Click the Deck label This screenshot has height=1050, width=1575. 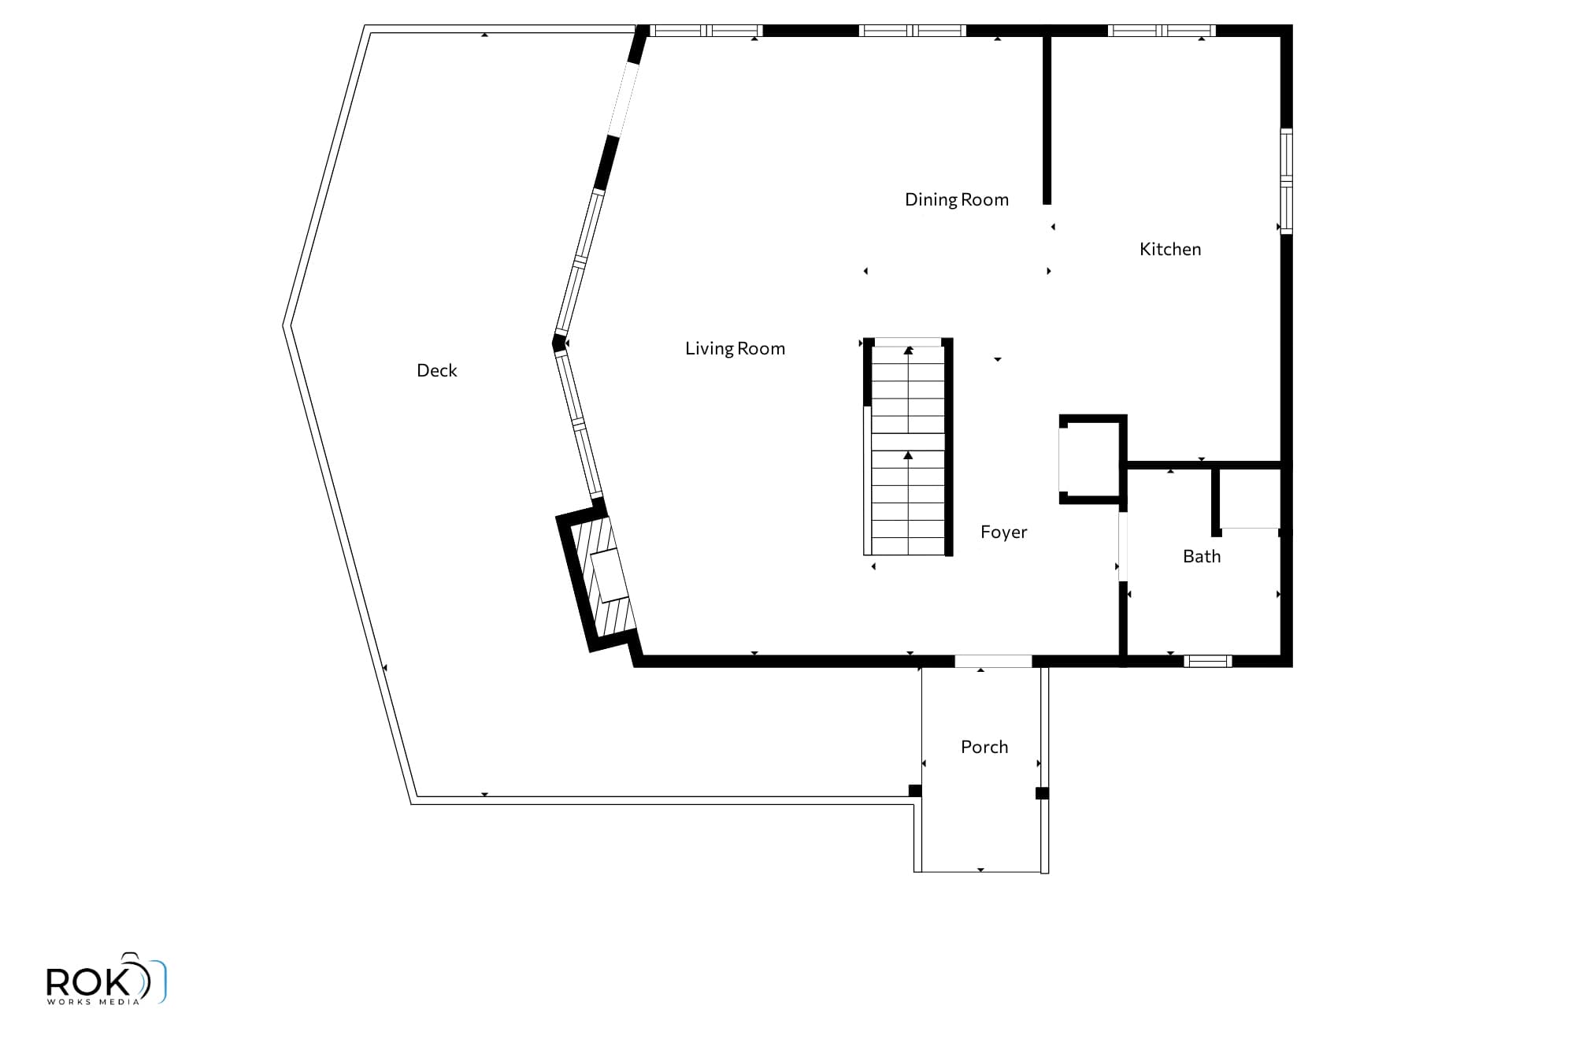pyautogui.click(x=436, y=370)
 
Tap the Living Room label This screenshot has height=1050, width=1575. pyautogui.click(x=735, y=348)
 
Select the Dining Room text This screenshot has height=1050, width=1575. pyautogui.click(x=957, y=200)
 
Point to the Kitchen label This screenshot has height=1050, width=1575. pyautogui.click(x=1170, y=249)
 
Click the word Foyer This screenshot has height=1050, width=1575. pyautogui.click(x=1004, y=532)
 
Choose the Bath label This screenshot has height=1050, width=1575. pyautogui.click(x=1202, y=556)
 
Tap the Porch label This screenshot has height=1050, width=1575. pyautogui.click(x=984, y=747)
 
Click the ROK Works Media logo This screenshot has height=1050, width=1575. pyautogui.click(x=106, y=979)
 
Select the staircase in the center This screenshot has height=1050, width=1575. pyautogui.click(x=909, y=447)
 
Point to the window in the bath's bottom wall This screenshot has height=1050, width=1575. pyautogui.click(x=1208, y=662)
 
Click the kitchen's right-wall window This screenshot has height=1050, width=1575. pyautogui.click(x=1286, y=181)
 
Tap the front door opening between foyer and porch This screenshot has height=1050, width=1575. pyautogui.click(x=993, y=662)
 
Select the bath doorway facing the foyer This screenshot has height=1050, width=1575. pyautogui.click(x=1123, y=547)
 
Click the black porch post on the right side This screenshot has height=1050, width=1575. pyautogui.click(x=1042, y=793)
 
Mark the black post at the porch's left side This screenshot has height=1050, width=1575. pyautogui.click(x=915, y=791)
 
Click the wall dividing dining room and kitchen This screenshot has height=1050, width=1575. pyautogui.click(x=1047, y=118)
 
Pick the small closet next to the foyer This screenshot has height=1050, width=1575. pyautogui.click(x=1093, y=459)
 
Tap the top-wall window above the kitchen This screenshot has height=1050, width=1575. pyautogui.click(x=1162, y=31)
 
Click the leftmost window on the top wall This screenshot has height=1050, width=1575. pyautogui.click(x=706, y=31)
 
